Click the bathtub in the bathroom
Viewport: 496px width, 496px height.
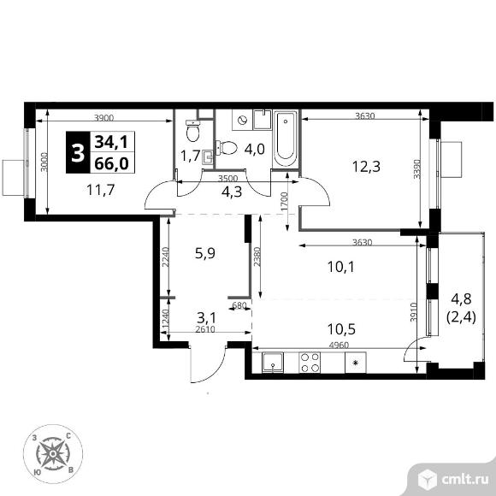[x=285, y=139]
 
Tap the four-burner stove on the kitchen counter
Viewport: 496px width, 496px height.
[x=310, y=363]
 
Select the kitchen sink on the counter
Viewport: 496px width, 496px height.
[x=273, y=363]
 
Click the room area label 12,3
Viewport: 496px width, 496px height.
[x=366, y=167]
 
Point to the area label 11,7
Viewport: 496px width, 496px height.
[x=101, y=190]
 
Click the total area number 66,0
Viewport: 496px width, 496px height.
[x=112, y=164]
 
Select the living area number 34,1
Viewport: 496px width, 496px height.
[x=112, y=142]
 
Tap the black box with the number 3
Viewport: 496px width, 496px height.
[x=78, y=152]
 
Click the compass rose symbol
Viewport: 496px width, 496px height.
[x=53, y=454]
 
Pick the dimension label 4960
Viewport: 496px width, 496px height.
[x=339, y=345]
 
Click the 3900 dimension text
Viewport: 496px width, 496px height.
[x=104, y=118]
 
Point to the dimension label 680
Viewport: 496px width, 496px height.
[x=239, y=305]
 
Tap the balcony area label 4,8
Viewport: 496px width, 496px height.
[x=461, y=298]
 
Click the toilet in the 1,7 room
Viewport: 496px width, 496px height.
[x=193, y=131]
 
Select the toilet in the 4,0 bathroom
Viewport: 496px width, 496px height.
[x=227, y=148]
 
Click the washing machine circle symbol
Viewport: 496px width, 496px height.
[x=243, y=121]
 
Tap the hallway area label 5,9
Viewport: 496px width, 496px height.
[x=205, y=253]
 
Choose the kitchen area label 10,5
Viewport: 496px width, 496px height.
[x=341, y=329]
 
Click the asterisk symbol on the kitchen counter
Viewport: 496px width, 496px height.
[x=356, y=363]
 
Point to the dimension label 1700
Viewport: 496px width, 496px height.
[x=285, y=202]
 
